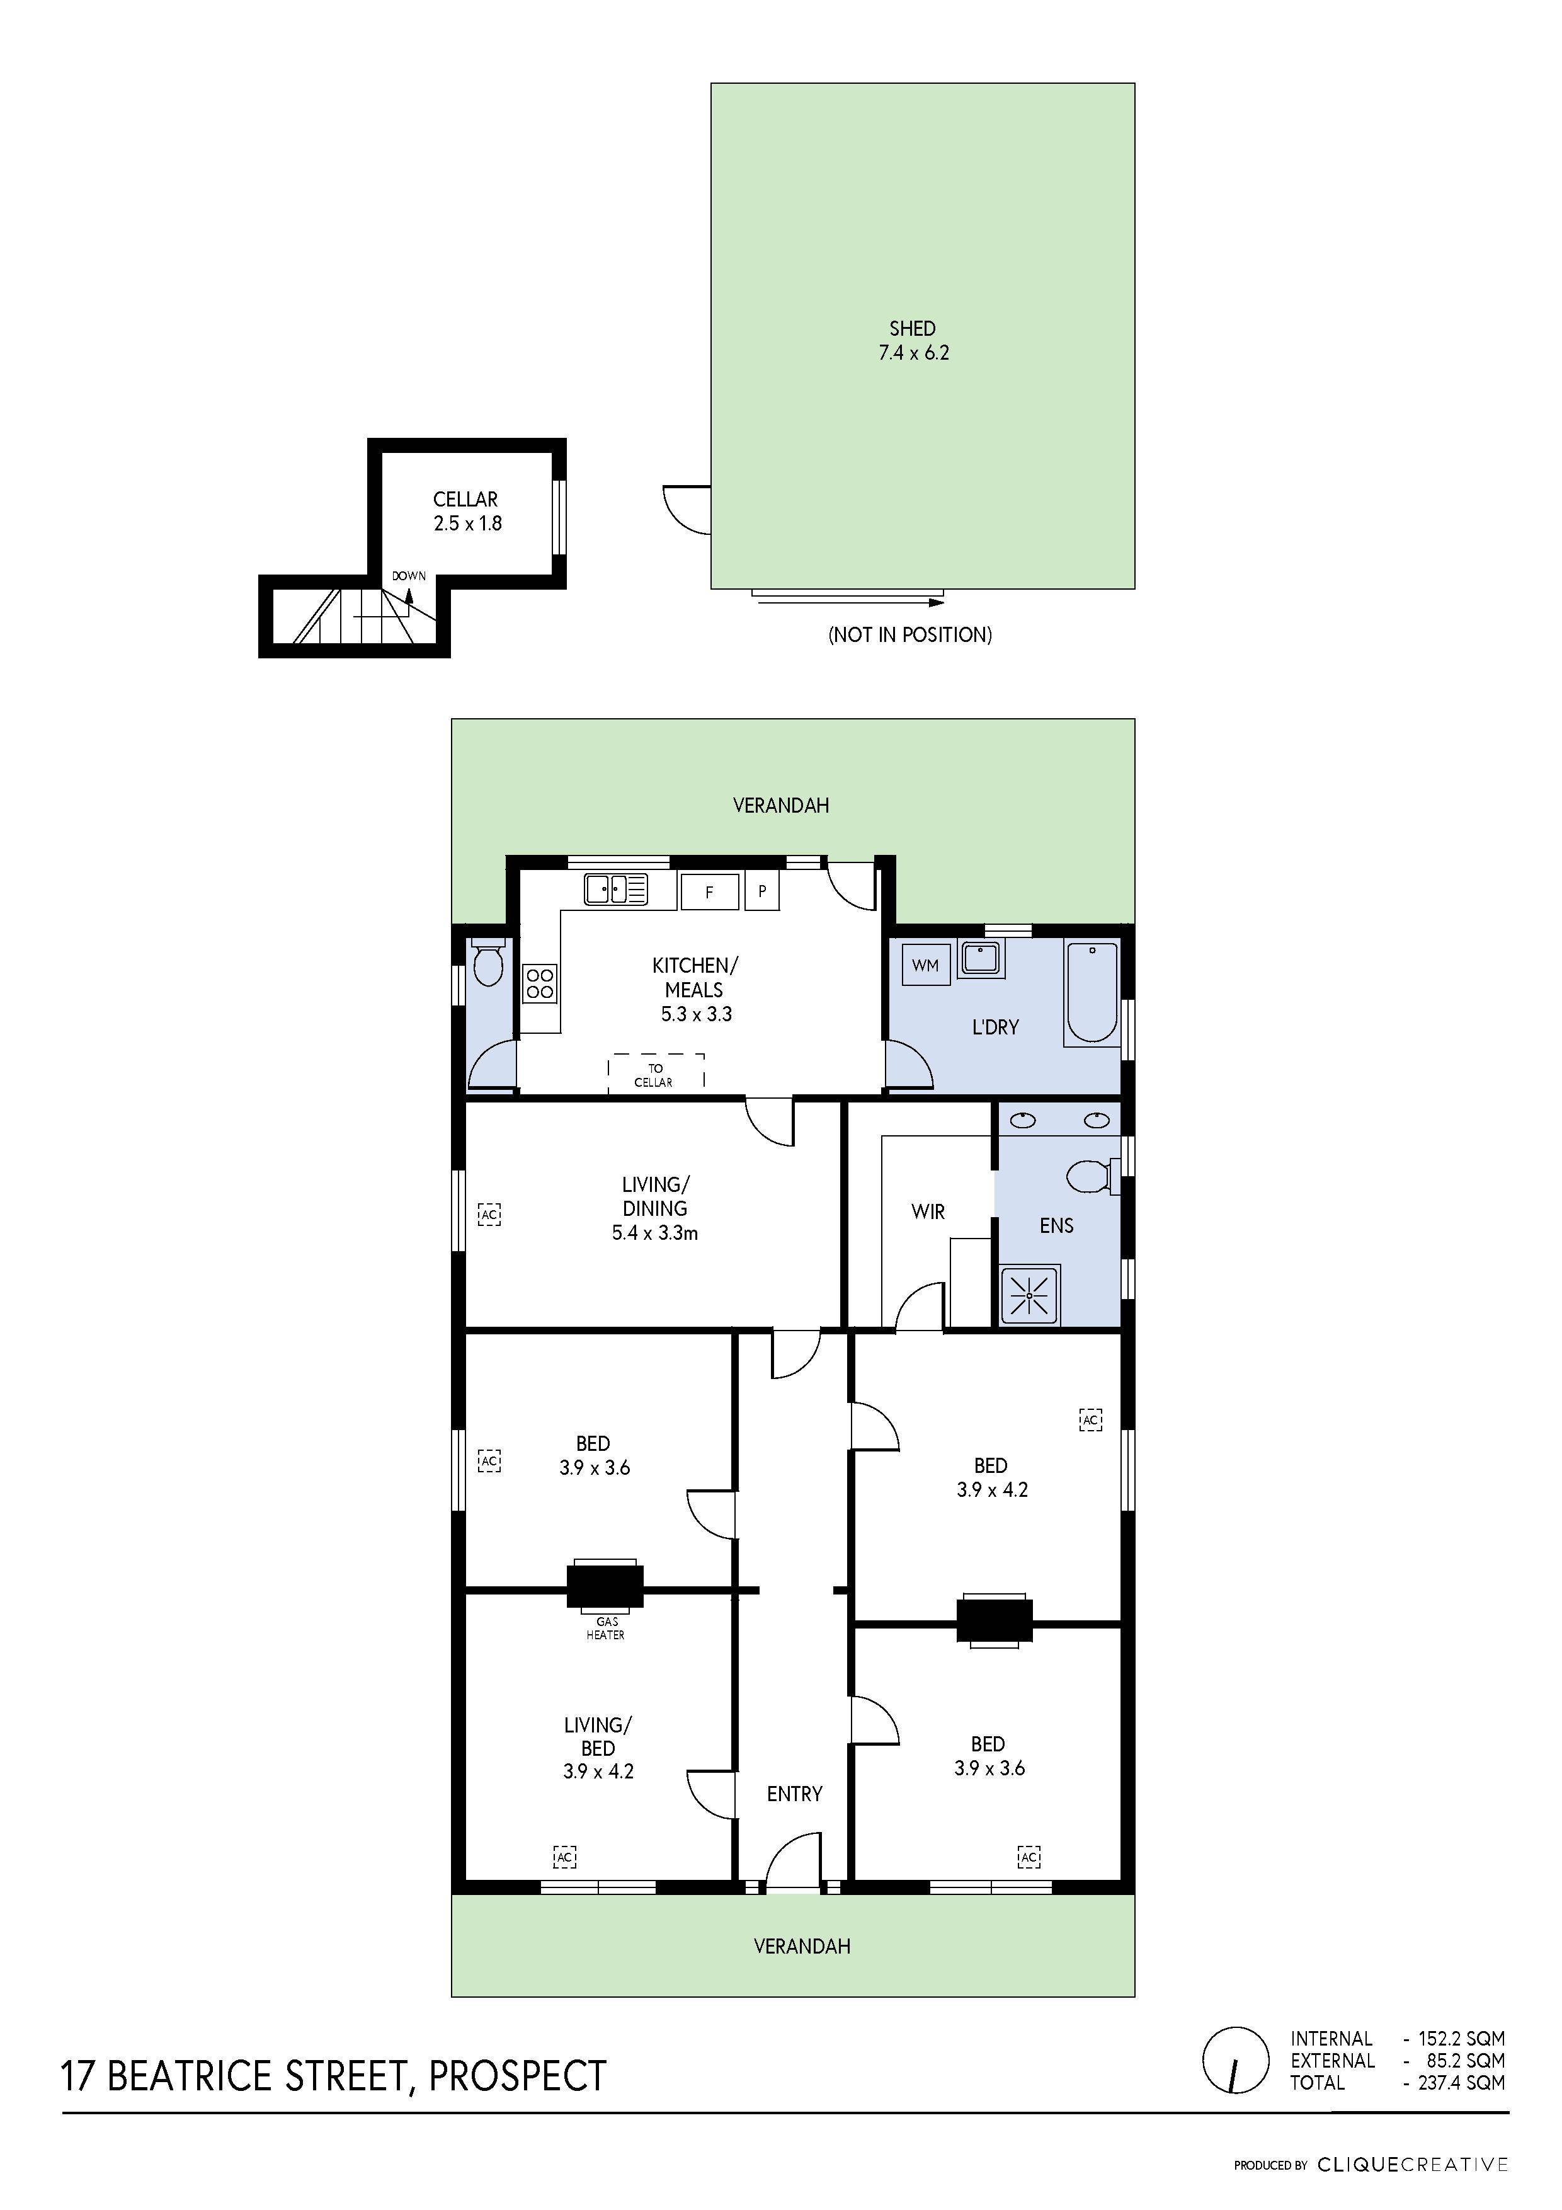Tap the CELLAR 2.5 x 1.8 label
click(466, 511)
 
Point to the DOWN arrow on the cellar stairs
click(409, 597)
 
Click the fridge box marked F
click(709, 891)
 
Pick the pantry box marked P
click(761, 890)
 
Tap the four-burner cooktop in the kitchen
click(540, 983)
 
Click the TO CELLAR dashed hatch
click(656, 1074)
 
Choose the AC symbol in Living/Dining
click(489, 1215)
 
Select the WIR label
click(928, 1212)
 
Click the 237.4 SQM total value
click(1461, 2082)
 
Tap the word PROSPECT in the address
click(517, 2076)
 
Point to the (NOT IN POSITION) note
click(909, 634)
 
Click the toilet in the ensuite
click(1090, 1176)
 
